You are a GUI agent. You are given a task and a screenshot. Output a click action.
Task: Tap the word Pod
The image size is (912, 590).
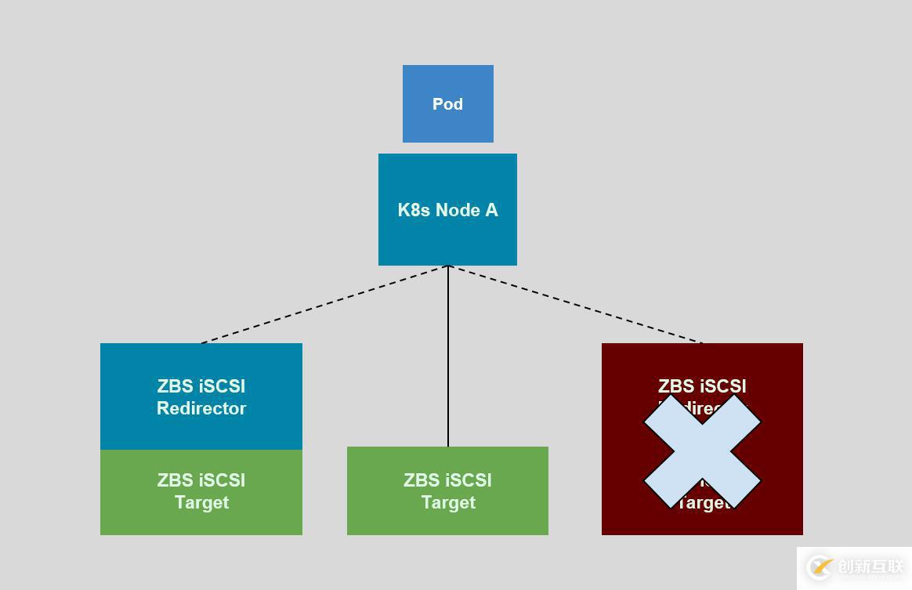pyautogui.click(x=447, y=104)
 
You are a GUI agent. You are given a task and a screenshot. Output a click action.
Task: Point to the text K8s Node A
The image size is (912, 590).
pyautogui.click(x=447, y=210)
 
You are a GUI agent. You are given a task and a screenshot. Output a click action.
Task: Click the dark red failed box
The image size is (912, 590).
pyautogui.click(x=627, y=368)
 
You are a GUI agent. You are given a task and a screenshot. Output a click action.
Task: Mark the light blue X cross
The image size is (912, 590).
pyautogui.click(x=702, y=451)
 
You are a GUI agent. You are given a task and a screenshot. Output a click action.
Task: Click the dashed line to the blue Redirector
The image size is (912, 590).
pyautogui.click(x=324, y=305)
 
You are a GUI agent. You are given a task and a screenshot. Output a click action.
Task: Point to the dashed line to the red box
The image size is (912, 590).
pyautogui.click(x=576, y=305)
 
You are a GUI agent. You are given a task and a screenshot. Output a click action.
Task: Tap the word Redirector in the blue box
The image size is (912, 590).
pyautogui.click(x=201, y=408)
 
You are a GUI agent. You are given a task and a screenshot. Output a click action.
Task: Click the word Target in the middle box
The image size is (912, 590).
pyautogui.click(x=448, y=502)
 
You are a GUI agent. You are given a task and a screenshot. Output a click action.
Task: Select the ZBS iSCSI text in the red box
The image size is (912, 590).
pyautogui.click(x=702, y=386)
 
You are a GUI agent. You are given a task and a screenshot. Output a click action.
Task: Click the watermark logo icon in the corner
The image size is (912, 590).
pyautogui.click(x=820, y=566)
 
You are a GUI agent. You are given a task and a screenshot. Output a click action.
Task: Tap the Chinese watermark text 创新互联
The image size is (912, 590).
pyautogui.click(x=870, y=566)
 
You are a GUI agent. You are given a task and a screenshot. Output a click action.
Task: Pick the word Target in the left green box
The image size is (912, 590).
pyautogui.click(x=201, y=502)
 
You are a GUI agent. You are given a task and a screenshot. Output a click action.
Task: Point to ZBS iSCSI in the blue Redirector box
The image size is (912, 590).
pyautogui.click(x=201, y=386)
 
